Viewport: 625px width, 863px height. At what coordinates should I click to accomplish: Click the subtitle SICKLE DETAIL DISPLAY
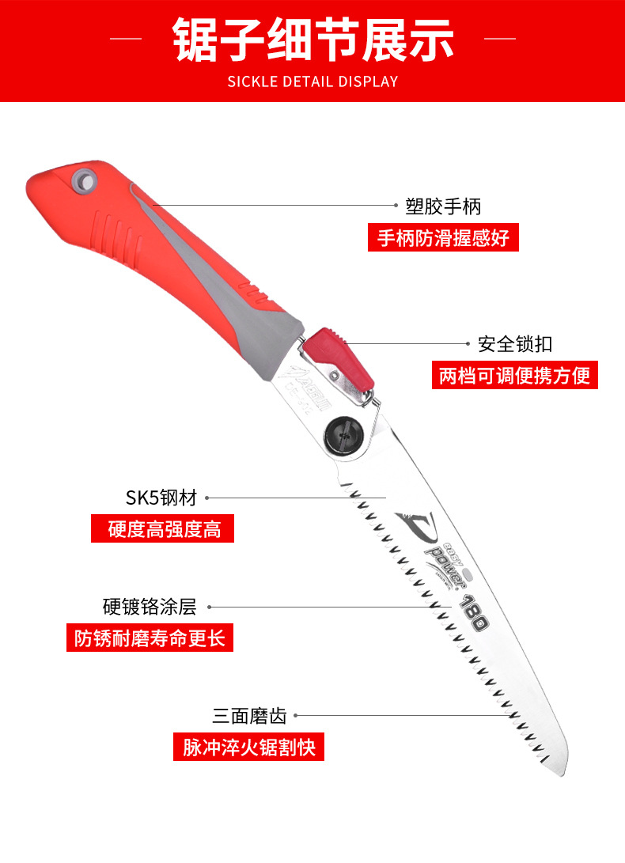(x=312, y=81)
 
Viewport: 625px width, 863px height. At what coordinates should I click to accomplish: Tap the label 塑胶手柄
(x=443, y=206)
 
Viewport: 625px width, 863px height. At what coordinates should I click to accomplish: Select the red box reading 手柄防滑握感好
(x=443, y=237)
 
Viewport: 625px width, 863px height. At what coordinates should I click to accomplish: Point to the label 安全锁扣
(x=515, y=344)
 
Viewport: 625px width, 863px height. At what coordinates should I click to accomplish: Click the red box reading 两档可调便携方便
(x=515, y=374)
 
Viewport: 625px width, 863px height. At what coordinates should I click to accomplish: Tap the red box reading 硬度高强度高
(x=164, y=528)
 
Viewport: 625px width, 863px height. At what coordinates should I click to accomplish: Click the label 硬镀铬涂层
(x=149, y=607)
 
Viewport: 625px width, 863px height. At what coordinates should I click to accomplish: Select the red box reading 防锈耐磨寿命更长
(x=150, y=638)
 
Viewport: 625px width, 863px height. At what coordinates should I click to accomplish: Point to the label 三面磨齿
(x=249, y=716)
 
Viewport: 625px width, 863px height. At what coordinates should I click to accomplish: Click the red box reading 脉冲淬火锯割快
(x=249, y=747)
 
